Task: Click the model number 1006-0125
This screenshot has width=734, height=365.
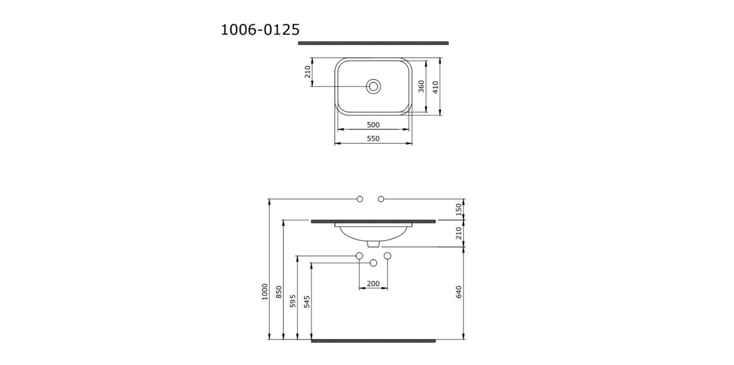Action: tap(260, 30)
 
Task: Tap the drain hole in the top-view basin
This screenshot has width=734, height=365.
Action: tap(373, 86)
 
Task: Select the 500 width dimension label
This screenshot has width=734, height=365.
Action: tap(373, 125)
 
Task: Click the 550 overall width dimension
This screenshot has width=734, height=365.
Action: tap(373, 138)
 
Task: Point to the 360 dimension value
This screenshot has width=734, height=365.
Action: tap(421, 86)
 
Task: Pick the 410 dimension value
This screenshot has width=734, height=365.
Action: tap(435, 87)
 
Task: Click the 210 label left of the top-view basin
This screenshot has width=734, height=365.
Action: tap(307, 72)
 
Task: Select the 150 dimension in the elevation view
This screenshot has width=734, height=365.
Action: tap(459, 209)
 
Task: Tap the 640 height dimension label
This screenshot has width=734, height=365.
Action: tap(459, 292)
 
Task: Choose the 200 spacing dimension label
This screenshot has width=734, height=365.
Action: tap(373, 284)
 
